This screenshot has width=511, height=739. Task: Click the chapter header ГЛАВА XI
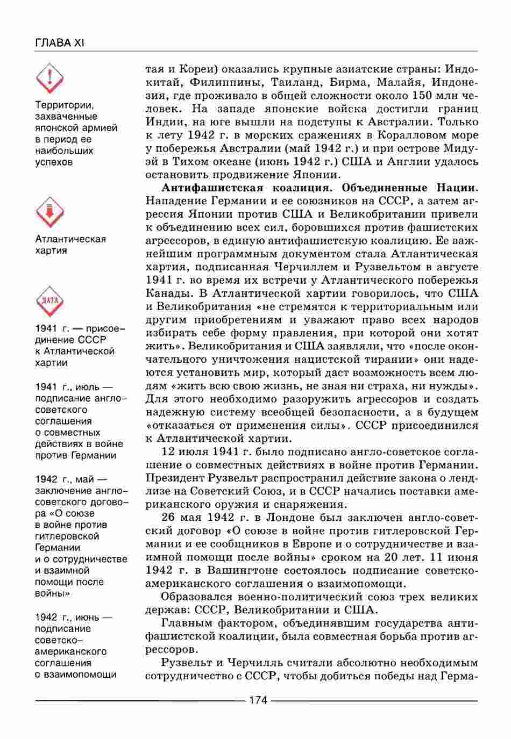[59, 42]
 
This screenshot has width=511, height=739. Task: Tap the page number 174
[258, 700]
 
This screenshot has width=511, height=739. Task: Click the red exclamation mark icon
[49, 77]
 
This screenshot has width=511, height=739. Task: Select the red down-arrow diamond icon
[49, 212]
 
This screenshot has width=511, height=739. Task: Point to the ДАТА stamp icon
[49, 302]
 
